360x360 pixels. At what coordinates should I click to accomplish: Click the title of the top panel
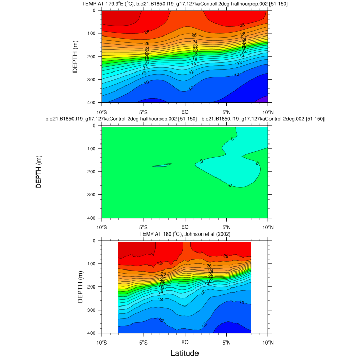tap(185, 4)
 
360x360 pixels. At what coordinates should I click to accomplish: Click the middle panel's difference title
tap(185, 119)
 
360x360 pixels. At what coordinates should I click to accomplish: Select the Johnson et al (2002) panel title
tap(185, 235)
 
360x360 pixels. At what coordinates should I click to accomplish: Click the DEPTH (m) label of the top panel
tap(75, 57)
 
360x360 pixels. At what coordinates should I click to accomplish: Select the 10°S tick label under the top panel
tap(101, 112)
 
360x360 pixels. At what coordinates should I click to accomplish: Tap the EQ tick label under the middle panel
tap(185, 227)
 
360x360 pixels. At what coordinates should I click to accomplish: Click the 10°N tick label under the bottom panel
tap(267, 342)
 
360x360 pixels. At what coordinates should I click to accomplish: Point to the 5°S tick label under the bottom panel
tap(143, 342)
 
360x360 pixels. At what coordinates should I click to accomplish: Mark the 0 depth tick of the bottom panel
tap(96, 241)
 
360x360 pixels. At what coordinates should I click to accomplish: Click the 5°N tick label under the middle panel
tap(226, 227)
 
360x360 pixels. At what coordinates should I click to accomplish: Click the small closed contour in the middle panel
tap(162, 165)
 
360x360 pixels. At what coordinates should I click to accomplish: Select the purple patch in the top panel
tap(264, 100)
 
